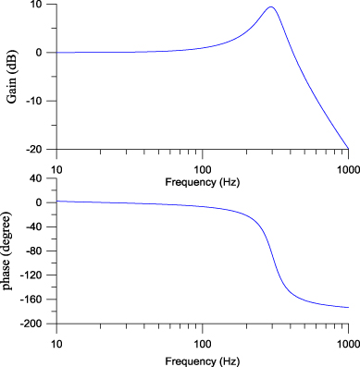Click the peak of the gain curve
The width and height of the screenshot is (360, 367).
coord(270,7)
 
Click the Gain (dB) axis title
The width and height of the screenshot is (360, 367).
coord(10,76)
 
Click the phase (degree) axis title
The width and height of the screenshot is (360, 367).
coord(10,251)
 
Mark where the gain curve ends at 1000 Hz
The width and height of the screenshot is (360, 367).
coord(348,147)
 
